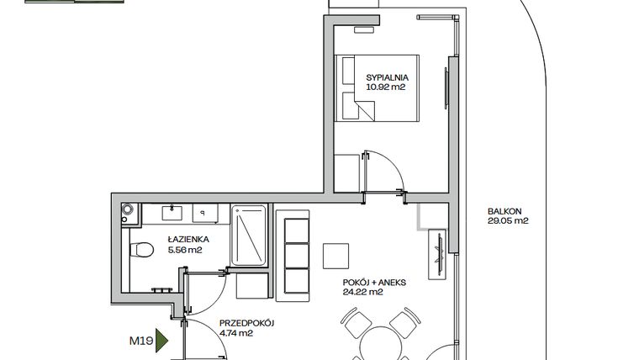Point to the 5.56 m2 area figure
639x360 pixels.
pos(182,250)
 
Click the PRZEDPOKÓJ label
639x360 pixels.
pos(247,323)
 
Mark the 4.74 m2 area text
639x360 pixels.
pos(235,333)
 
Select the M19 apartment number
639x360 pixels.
pos(140,341)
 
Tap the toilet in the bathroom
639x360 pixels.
pos(141,250)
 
